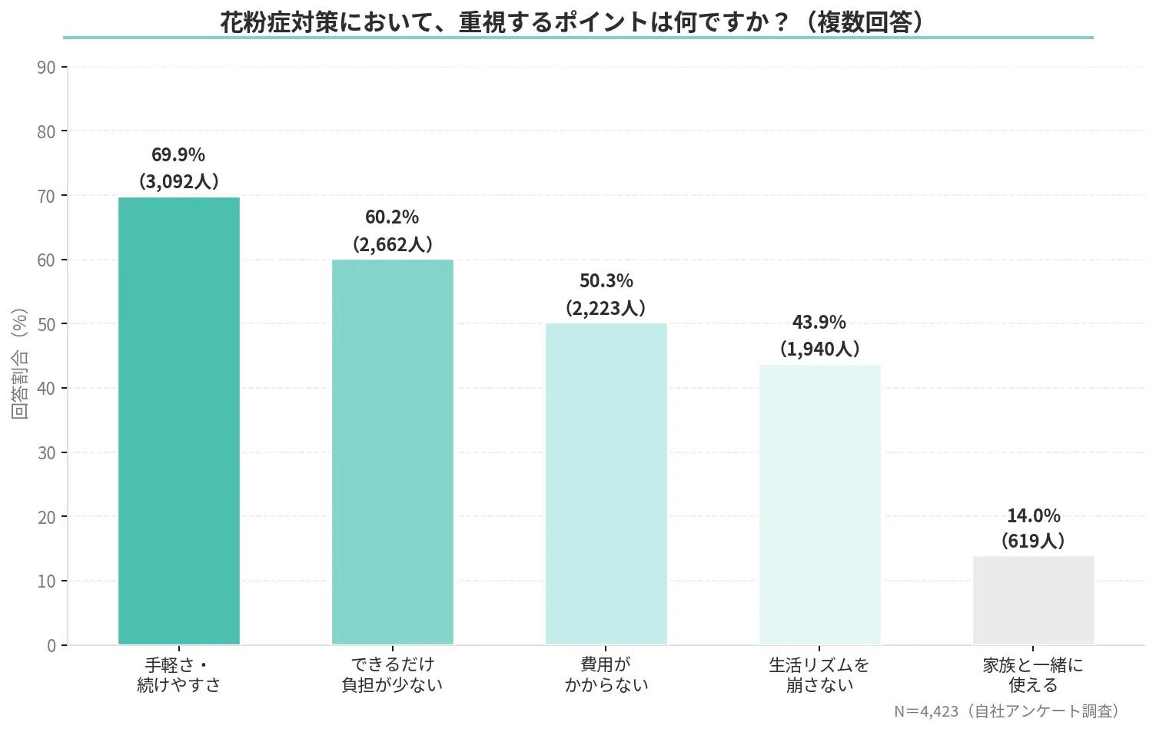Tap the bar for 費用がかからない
606,483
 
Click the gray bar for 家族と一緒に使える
1033,600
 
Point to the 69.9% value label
178,154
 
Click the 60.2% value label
392,217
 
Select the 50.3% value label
606,281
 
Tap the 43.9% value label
819,322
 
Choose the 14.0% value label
1033,515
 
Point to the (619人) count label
1033,542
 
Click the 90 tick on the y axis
46,68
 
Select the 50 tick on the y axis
46,324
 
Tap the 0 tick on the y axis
51,645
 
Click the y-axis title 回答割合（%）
20,363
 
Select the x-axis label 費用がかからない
606,674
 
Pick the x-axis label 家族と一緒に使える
1033,674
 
